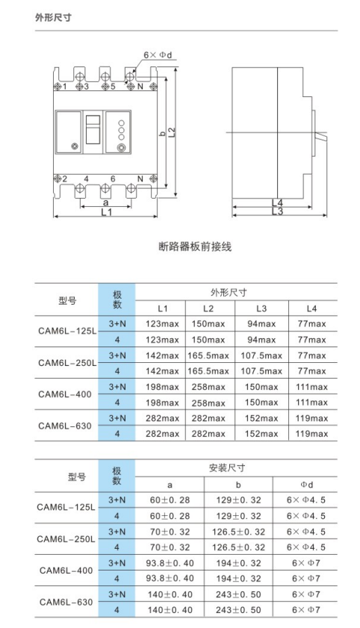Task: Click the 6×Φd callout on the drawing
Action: [158, 55]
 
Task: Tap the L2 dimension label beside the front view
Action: [172, 131]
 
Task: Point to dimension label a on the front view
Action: [105, 202]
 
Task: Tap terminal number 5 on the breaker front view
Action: [113, 87]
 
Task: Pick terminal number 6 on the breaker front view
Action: [112, 178]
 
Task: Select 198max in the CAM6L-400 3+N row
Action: [162, 387]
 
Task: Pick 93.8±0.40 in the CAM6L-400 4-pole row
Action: [170, 578]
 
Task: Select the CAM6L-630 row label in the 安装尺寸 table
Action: [65, 602]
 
